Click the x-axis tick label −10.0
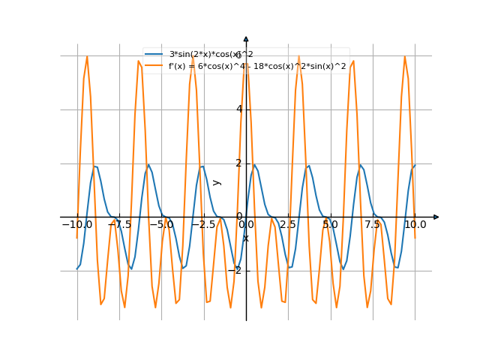pyautogui.click(x=76, y=224)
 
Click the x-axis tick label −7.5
pyautogui.click(x=119, y=224)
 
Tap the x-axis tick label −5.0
pyautogui.click(x=162, y=224)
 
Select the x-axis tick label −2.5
pyautogui.click(x=204, y=224)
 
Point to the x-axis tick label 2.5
pyautogui.click(x=288, y=224)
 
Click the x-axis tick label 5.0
pyautogui.click(x=330, y=224)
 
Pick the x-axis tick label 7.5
pyautogui.click(x=373, y=224)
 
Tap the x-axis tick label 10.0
pyautogui.click(x=415, y=224)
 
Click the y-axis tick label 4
pyautogui.click(x=239, y=109)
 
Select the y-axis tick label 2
pyautogui.click(x=239, y=163)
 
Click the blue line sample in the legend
pyautogui.click(x=154, y=54)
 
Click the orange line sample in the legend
pyautogui.click(x=154, y=66)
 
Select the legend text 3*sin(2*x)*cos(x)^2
pyautogui.click(x=211, y=54)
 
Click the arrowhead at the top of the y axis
pyautogui.click(x=246, y=39)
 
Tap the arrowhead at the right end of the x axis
pyautogui.click(x=436, y=217)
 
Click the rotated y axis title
pyautogui.click(x=217, y=182)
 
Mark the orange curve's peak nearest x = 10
pyautogui.click(x=405, y=56)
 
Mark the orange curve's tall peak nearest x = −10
pyautogui.click(x=87, y=56)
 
